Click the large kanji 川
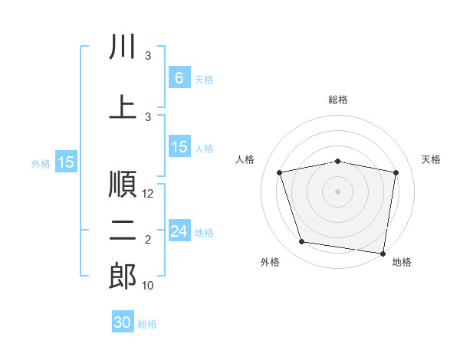123,46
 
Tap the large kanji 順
123,184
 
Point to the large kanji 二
123,231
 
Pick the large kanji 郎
123,276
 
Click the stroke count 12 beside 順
147,194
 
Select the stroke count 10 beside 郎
147,286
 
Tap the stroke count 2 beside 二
148,240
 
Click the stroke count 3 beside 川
148,56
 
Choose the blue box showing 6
179,77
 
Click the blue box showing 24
179,230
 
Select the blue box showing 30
123,321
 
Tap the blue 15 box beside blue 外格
66,162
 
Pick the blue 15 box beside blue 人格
179,146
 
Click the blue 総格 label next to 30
147,324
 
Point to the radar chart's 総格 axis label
338,100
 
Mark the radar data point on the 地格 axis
383,254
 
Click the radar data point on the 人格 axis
280,172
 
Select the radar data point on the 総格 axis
337,162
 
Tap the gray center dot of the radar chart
337,191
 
